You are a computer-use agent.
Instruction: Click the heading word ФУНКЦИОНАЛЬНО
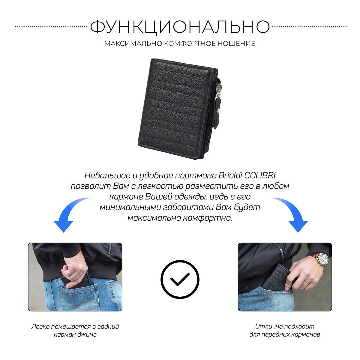(180, 27)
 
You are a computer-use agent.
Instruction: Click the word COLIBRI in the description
(260, 175)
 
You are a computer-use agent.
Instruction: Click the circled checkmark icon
(180, 280)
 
